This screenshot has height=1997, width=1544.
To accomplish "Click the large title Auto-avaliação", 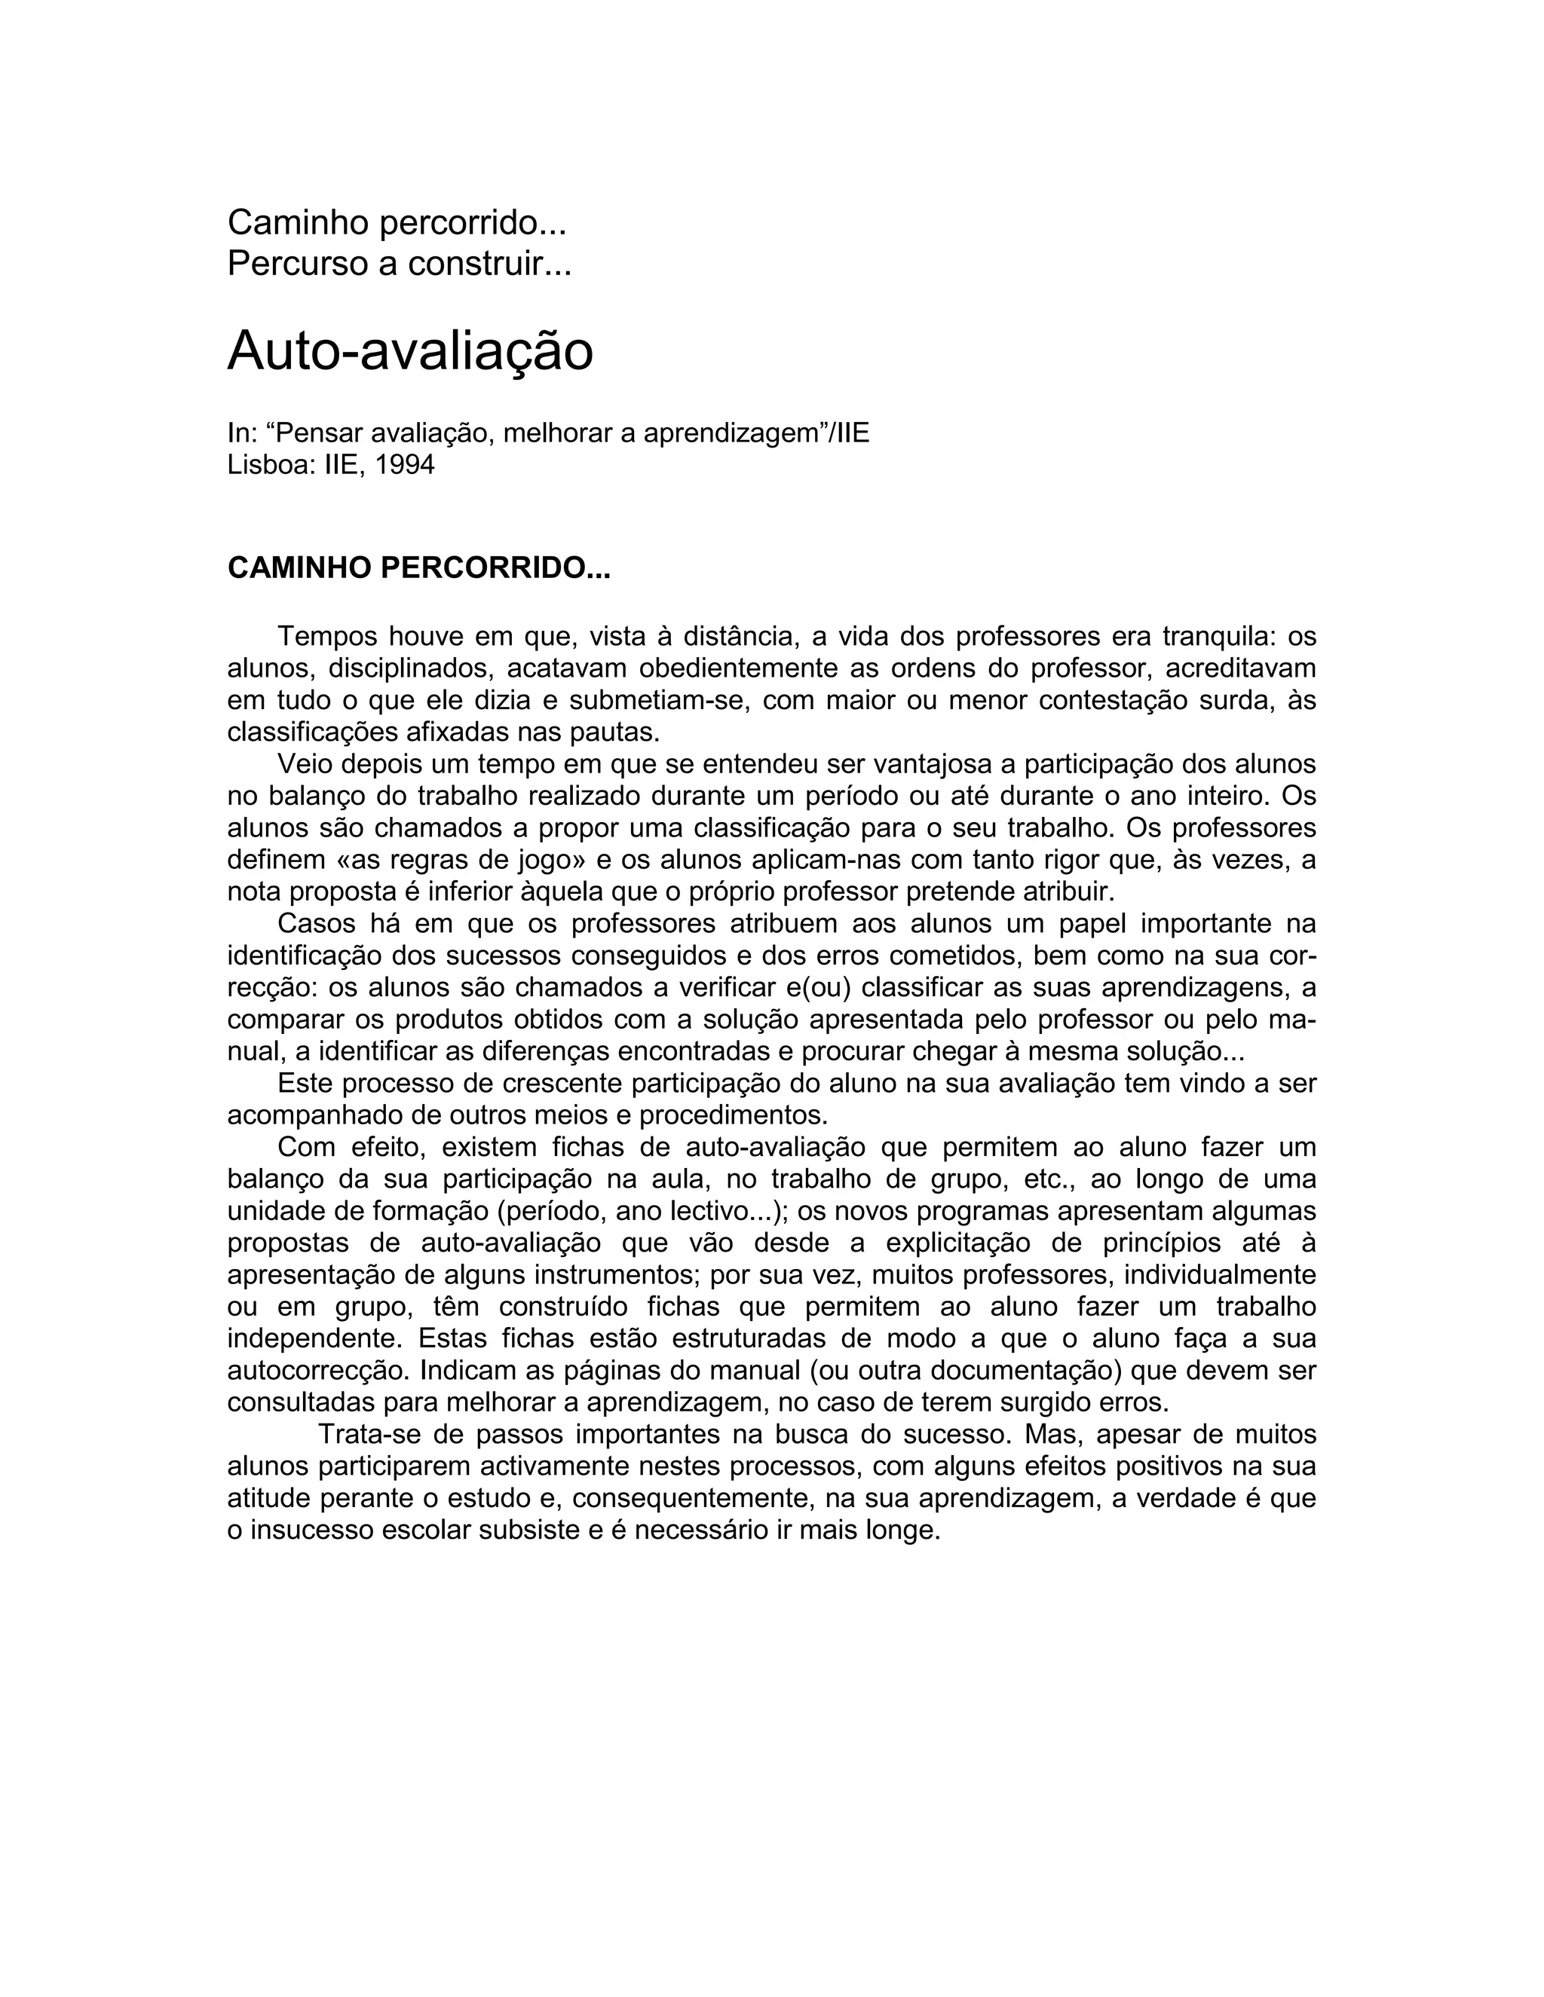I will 410,350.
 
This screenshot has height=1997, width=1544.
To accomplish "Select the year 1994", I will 404,466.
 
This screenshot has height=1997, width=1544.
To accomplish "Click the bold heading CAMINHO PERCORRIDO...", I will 418,569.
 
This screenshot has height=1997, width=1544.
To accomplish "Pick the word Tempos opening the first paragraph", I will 326,637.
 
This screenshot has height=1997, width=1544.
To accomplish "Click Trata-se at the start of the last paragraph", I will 369,1434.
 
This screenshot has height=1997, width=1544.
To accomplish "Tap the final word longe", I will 904,1530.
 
